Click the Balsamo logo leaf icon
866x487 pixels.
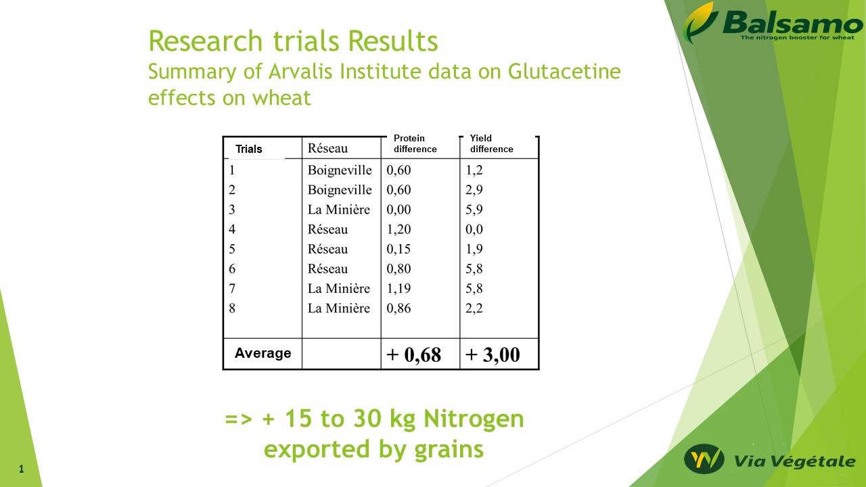(700, 22)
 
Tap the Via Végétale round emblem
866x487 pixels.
(704, 459)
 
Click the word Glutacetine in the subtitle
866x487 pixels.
(564, 72)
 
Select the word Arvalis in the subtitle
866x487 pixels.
(300, 72)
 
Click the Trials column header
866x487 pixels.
(249, 149)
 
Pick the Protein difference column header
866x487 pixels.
(415, 143)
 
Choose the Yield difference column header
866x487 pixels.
(491, 143)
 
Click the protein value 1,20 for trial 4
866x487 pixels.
(398, 229)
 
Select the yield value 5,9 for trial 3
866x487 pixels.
(474, 210)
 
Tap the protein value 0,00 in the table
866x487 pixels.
(398, 210)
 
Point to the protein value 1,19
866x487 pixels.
(398, 288)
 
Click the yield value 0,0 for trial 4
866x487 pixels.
(474, 229)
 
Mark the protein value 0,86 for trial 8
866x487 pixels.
(398, 308)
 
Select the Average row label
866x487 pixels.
(263, 353)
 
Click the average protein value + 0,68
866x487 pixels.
(413, 354)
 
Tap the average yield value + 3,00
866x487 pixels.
(493, 354)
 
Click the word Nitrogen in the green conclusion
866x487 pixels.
(474, 419)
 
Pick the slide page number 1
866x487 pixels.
(22, 469)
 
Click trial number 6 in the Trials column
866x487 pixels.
(232, 269)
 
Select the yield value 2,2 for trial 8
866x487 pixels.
(474, 308)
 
